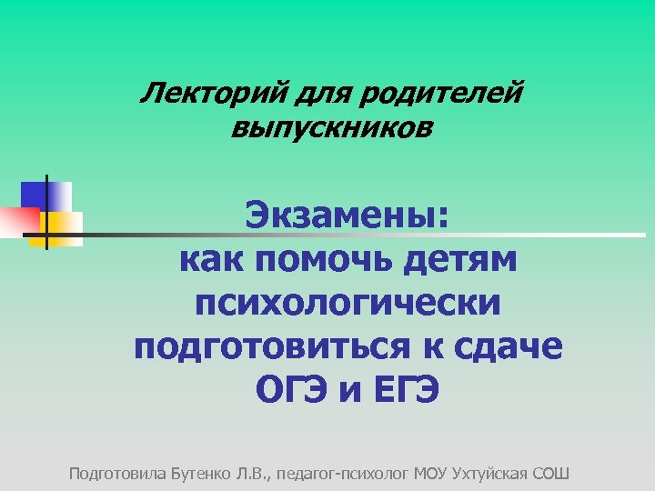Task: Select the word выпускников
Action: point(332,128)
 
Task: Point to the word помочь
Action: point(329,260)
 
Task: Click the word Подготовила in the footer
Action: point(117,474)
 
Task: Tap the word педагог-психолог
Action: point(343,474)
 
